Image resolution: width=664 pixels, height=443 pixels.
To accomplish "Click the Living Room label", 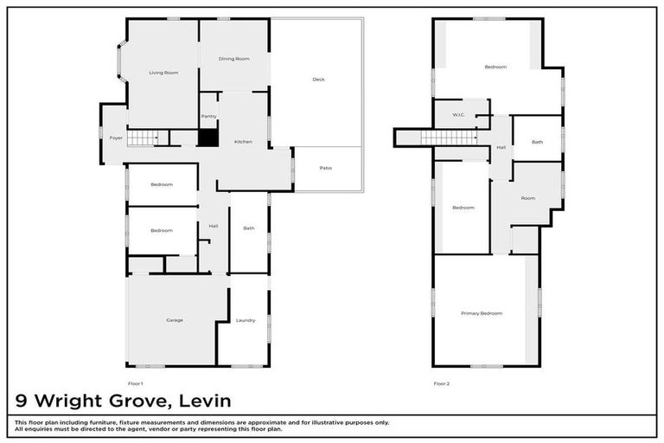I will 163,73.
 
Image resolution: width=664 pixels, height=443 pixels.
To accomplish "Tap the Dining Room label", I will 233,59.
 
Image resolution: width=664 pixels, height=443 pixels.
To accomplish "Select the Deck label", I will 318,80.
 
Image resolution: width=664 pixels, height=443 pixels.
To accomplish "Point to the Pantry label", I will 208,116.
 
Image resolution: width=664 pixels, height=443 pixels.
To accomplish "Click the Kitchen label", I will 243,141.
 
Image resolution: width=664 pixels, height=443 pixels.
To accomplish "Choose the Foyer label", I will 115,138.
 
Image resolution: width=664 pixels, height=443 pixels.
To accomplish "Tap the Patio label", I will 325,168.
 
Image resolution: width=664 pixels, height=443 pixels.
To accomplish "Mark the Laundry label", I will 246,320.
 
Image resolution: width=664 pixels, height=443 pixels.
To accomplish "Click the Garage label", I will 175,320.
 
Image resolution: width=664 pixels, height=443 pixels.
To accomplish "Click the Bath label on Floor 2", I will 537,142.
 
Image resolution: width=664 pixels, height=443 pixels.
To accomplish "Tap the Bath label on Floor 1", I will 249,228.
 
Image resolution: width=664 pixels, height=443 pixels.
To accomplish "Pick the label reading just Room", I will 527,198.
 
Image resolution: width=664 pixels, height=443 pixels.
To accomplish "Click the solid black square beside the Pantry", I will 207,138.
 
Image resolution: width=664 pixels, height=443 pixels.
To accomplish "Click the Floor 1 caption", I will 135,383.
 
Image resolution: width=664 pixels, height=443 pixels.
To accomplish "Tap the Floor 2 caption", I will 441,383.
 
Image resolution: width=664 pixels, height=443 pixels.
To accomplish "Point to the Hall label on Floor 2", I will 501,148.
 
